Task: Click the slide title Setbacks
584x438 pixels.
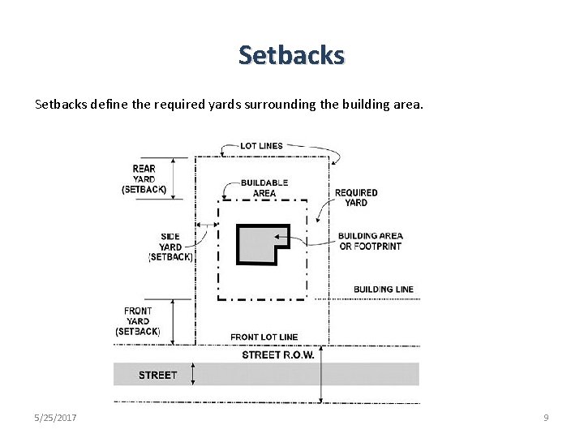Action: point(292,55)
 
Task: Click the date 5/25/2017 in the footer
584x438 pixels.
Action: point(56,417)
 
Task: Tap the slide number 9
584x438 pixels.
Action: point(546,417)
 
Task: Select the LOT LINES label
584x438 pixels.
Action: point(261,146)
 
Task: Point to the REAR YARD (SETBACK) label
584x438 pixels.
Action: point(144,179)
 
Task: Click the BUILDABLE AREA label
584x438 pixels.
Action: point(264,188)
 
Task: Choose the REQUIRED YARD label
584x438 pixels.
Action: point(356,197)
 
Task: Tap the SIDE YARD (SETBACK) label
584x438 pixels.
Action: point(170,247)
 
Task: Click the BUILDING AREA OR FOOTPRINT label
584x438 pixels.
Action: point(370,241)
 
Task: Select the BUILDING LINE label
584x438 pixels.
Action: point(384,290)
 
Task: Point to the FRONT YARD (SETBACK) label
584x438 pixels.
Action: point(138,321)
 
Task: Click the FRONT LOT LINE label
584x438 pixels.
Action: point(264,337)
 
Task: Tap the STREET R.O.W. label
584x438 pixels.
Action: point(278,355)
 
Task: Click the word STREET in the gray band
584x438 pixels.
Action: point(157,375)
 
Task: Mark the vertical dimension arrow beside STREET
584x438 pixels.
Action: point(192,374)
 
